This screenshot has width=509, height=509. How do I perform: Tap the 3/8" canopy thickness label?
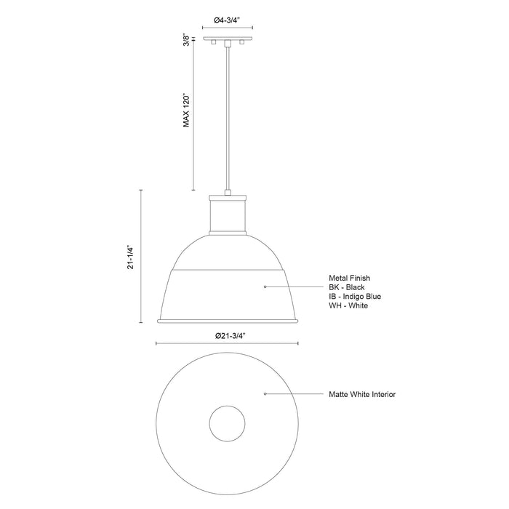click(187, 41)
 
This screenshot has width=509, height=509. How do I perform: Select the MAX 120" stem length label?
click(187, 110)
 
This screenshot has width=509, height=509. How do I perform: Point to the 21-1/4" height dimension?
click(131, 257)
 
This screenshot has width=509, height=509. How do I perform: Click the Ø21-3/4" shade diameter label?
click(228, 335)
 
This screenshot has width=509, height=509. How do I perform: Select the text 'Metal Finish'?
click(349, 277)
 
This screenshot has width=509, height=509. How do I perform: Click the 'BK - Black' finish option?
click(348, 286)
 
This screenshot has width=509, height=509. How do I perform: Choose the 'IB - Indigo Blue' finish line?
click(355, 296)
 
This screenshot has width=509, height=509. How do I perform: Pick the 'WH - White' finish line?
click(348, 305)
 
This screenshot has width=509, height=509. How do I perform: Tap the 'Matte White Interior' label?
click(362, 394)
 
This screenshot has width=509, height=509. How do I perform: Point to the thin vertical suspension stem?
click(228, 116)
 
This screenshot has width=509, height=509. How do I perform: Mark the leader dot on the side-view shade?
click(265, 287)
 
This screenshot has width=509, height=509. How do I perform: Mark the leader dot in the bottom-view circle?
click(265, 394)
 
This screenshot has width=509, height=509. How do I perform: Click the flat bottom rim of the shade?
click(228, 321)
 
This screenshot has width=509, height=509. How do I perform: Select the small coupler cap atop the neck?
click(228, 193)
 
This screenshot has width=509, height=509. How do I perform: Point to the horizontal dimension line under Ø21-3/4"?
click(228, 344)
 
